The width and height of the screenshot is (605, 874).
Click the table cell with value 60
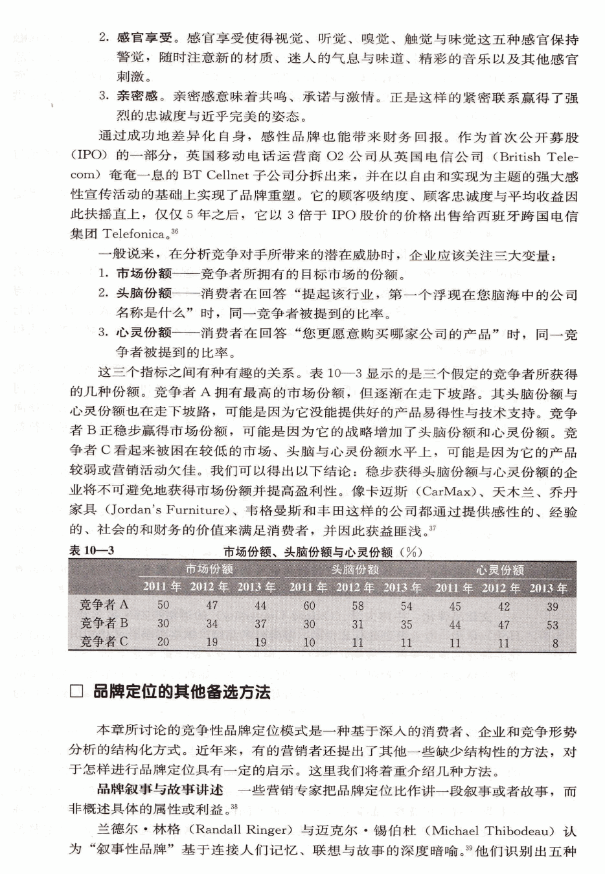[310, 606]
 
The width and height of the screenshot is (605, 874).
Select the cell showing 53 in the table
[552, 625]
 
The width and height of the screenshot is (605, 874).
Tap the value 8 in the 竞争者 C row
[555, 644]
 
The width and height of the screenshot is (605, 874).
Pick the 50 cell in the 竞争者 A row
[163, 605]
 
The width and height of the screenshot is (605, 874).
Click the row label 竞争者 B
[104, 623]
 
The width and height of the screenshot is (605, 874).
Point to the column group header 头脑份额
[355, 570]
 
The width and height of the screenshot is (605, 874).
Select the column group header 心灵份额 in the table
[500, 570]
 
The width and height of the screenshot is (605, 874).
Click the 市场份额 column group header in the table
[209, 569]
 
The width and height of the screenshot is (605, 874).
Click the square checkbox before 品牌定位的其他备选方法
[77, 692]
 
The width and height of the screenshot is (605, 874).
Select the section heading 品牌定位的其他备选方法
[181, 692]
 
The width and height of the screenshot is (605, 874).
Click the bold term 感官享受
[137, 38]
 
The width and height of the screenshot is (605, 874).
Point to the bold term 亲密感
[137, 97]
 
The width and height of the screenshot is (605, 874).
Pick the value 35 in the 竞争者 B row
[406, 625]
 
